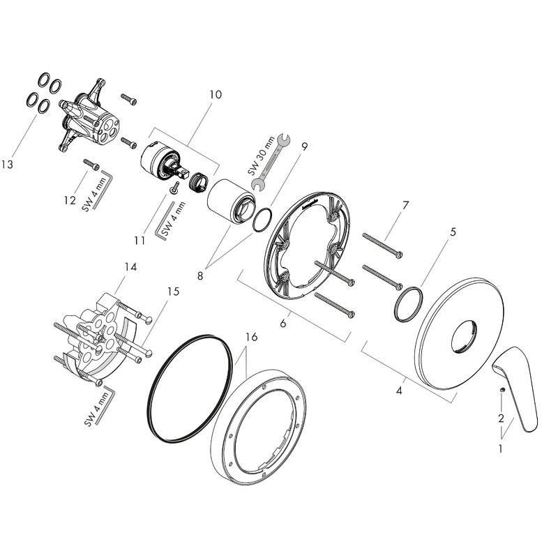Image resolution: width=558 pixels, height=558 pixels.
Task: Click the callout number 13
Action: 8,165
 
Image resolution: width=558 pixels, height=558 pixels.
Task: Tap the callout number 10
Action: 216,94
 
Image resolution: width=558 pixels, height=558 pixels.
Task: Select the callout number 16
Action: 251,338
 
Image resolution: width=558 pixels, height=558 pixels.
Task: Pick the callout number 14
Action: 129,266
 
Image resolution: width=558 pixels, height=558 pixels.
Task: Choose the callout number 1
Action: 500,449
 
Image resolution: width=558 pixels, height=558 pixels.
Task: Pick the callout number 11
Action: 140,240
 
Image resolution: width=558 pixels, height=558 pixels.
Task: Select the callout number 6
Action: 284,324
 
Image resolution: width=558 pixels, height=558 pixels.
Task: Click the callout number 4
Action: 399,391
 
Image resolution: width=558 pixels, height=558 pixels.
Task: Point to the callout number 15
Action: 172,292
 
